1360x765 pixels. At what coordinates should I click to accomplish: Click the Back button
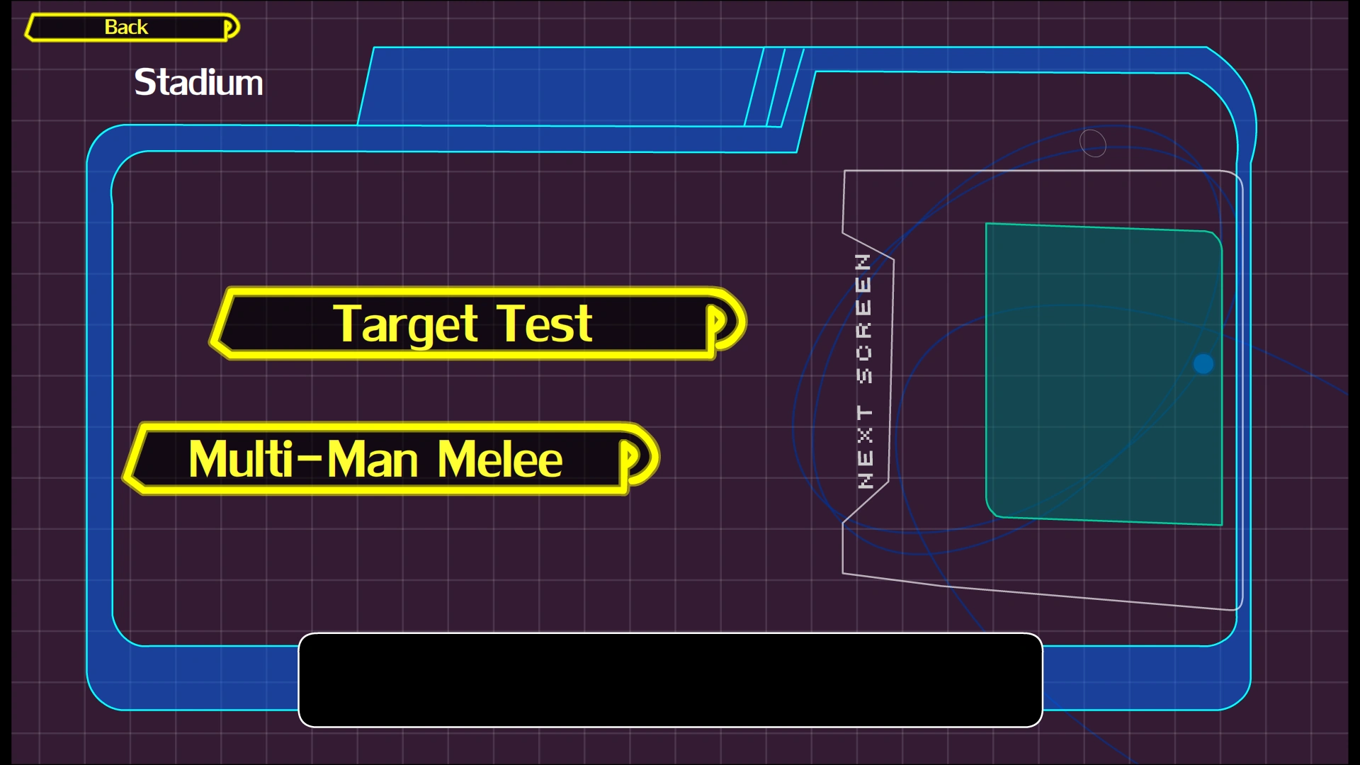coord(126,27)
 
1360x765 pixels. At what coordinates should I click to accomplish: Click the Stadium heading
coord(198,83)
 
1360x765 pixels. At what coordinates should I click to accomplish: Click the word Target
coord(405,324)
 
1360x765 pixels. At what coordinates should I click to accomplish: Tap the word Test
coord(544,324)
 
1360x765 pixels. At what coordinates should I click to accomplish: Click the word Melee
coord(499,460)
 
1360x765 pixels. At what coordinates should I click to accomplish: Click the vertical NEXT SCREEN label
coord(864,370)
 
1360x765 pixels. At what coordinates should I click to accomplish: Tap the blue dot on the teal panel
coord(1203,364)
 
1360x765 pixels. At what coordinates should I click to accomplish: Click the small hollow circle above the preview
coord(1092,142)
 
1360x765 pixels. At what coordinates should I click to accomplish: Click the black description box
coord(670,680)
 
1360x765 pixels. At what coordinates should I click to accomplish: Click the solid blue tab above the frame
coord(560,86)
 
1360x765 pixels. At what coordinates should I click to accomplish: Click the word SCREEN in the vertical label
coord(864,319)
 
